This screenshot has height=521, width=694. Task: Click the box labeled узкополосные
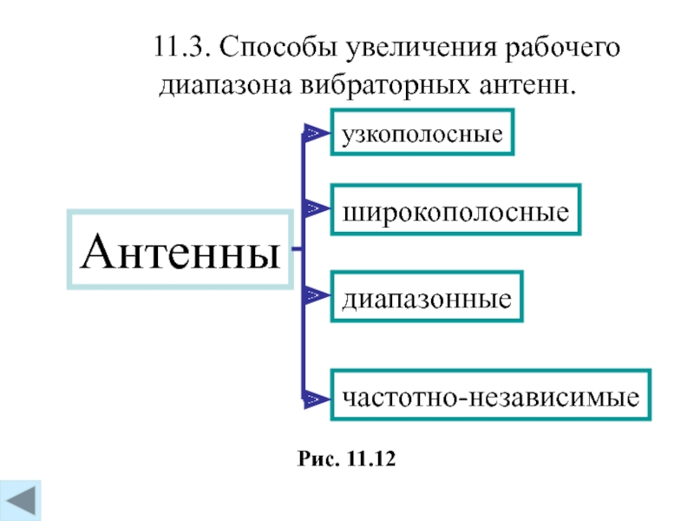tap(422, 133)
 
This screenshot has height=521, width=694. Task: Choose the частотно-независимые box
tap(490, 398)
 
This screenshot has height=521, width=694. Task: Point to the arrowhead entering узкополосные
tap(313, 134)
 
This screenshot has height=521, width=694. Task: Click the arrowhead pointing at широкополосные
tap(313, 208)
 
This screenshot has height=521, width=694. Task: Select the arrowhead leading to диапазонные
tap(313, 297)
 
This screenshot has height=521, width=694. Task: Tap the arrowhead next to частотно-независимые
tap(313, 399)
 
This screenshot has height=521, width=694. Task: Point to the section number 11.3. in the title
tap(181, 48)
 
